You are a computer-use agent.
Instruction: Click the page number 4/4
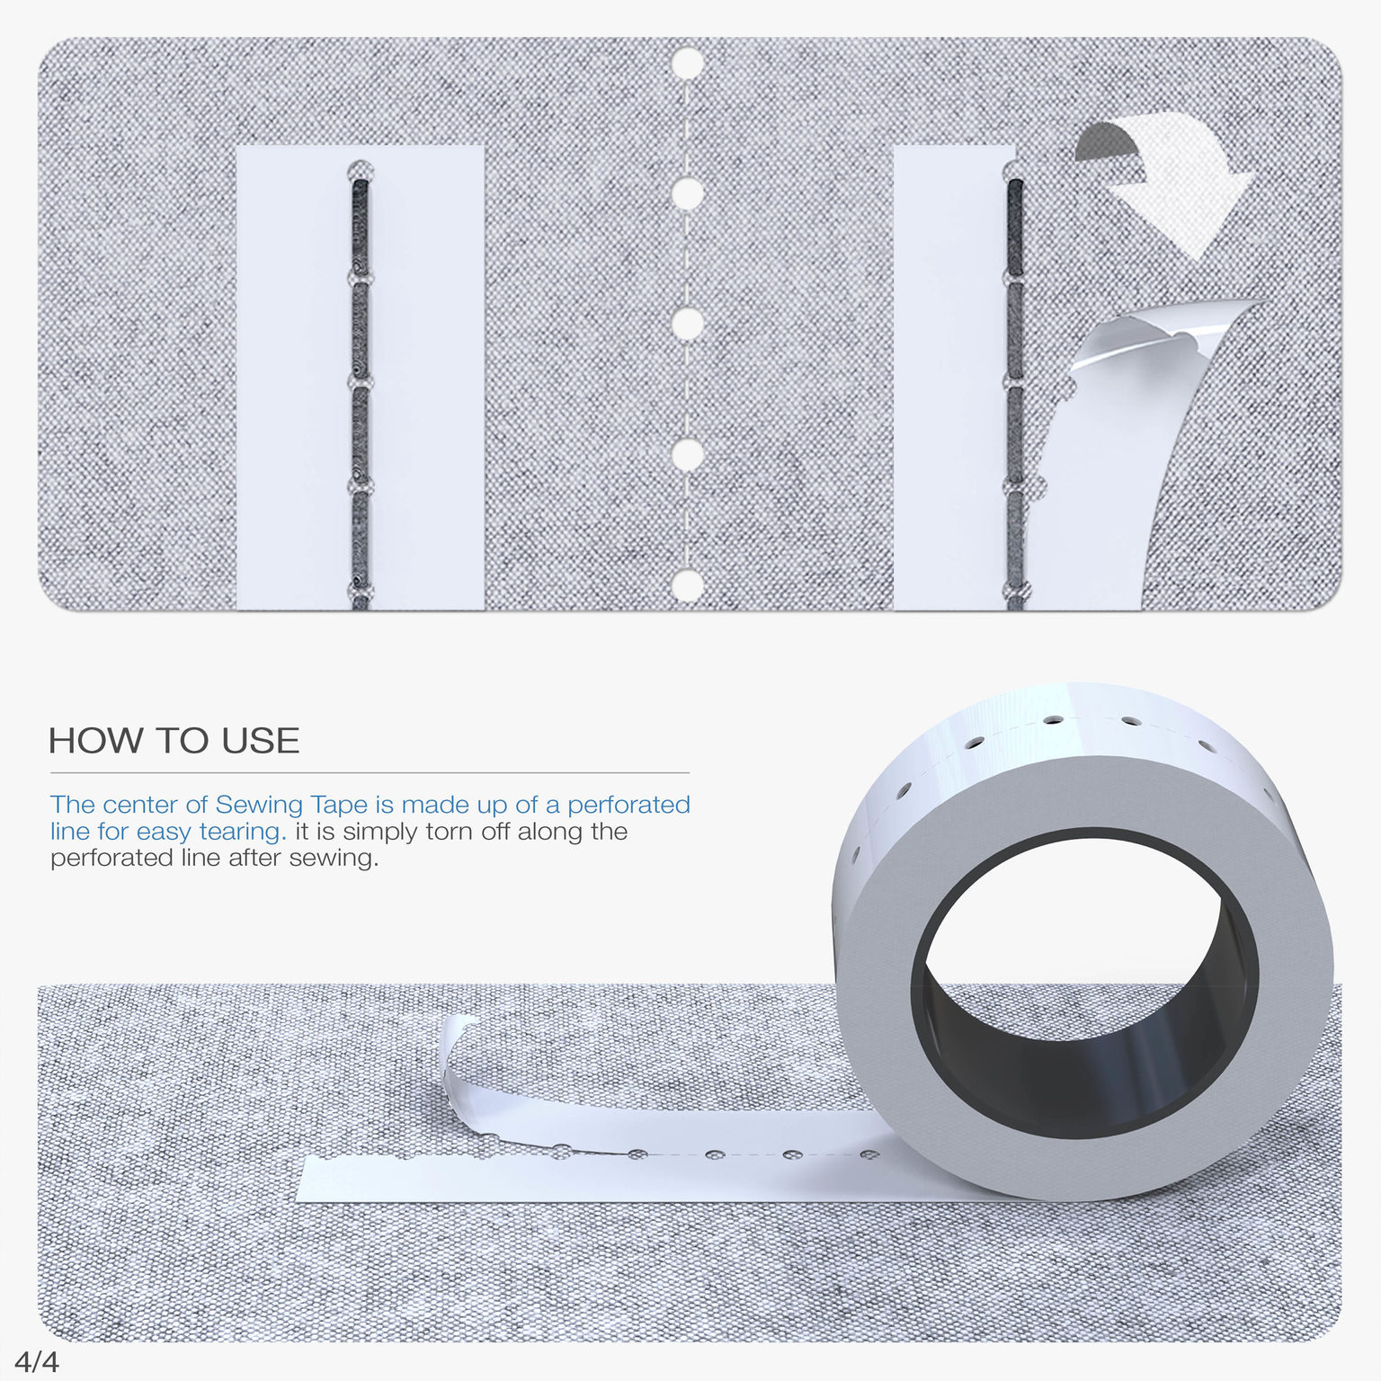click(x=37, y=1362)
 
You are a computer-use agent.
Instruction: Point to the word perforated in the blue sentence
click(x=628, y=805)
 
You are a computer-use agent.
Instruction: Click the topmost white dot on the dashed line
click(x=688, y=64)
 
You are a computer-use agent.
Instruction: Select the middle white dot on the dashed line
click(x=688, y=324)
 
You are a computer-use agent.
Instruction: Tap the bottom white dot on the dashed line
click(x=688, y=585)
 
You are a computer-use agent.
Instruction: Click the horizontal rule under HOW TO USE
click(x=370, y=772)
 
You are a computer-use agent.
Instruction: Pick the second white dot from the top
click(x=688, y=192)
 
